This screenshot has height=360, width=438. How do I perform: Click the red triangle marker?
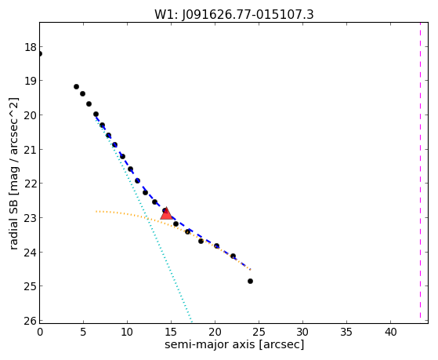point(166,213)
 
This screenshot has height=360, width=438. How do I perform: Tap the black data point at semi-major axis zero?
point(40,53)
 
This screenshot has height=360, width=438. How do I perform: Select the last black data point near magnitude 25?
point(250,281)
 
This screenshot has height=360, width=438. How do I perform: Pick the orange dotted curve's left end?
point(96,212)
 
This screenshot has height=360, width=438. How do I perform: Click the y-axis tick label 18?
point(31,47)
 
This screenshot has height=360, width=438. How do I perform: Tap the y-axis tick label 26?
point(31,321)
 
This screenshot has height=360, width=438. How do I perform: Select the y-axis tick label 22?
point(31,184)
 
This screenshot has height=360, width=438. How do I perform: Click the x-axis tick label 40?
point(390,332)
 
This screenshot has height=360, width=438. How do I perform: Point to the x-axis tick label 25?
point(259,332)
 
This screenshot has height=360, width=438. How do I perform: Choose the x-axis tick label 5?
point(83,332)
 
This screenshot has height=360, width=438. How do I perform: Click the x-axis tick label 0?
point(40,332)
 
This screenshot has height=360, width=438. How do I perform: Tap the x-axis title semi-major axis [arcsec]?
point(234,344)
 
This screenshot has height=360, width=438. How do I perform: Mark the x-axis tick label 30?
point(302,332)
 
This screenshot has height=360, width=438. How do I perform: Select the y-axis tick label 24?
point(31,253)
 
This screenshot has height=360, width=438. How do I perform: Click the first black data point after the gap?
point(76,87)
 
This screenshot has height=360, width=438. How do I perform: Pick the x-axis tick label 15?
point(171,332)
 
